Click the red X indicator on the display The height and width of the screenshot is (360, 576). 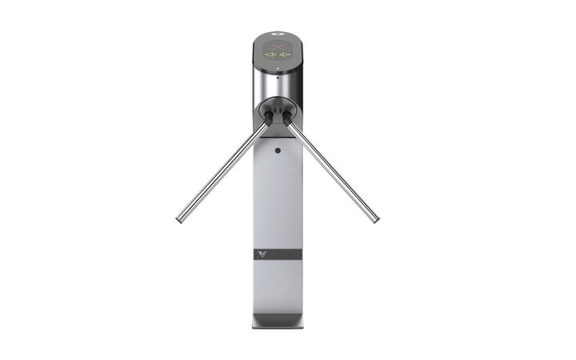coord(277,47)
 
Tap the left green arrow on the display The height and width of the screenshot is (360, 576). coord(270,56)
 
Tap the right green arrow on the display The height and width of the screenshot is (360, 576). coord(284,56)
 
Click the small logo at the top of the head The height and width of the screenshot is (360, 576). coord(277,35)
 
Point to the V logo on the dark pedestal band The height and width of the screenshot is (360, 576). coord(262,255)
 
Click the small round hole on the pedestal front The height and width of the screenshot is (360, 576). coord(277,150)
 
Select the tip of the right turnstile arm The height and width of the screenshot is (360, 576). coord(375,217)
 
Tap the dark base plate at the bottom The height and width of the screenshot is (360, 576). coord(276,322)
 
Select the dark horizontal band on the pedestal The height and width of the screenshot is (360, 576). coord(277,256)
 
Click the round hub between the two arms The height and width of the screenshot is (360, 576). coord(277,110)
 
